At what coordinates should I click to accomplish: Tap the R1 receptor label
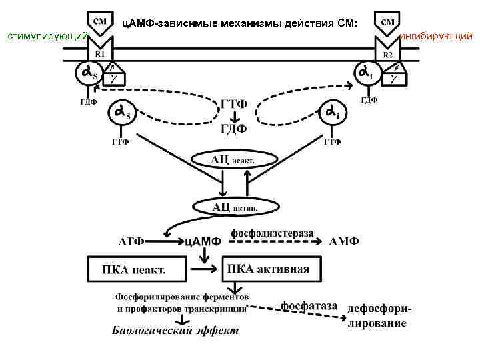point(99,53)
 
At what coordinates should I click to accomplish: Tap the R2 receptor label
point(387,54)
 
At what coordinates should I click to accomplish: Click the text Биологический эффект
point(175,330)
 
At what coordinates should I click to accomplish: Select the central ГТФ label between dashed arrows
point(233,105)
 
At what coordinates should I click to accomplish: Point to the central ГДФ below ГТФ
point(233,129)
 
